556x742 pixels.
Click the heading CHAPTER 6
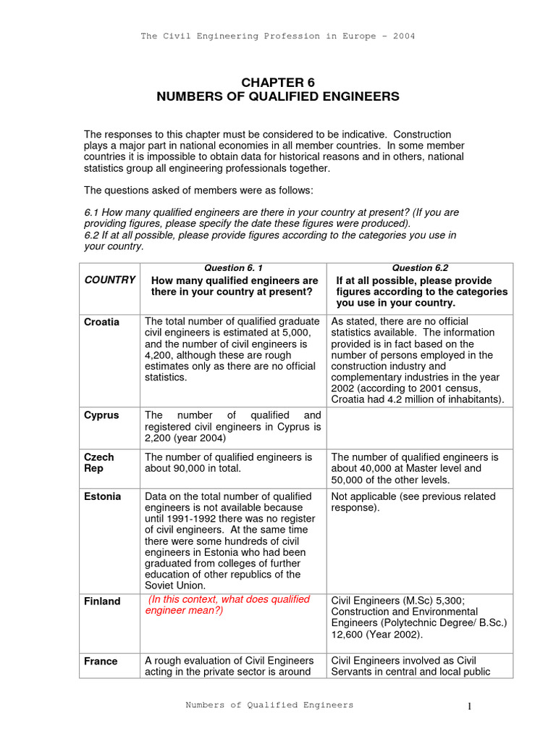click(278, 83)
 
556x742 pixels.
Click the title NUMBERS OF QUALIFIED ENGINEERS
click(278, 96)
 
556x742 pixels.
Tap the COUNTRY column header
click(110, 280)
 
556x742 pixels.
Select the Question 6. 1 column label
click(233, 268)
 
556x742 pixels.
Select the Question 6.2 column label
click(420, 268)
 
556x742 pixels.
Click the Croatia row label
click(102, 322)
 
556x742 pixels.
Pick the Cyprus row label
click(101, 416)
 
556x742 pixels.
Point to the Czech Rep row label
click(99, 463)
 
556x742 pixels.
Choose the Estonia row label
click(103, 497)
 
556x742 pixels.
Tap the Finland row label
click(103, 601)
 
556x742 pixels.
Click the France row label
click(101, 662)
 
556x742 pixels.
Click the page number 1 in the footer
click(469, 707)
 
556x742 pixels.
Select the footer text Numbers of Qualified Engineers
click(269, 705)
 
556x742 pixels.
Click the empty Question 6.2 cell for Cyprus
click(420, 428)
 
